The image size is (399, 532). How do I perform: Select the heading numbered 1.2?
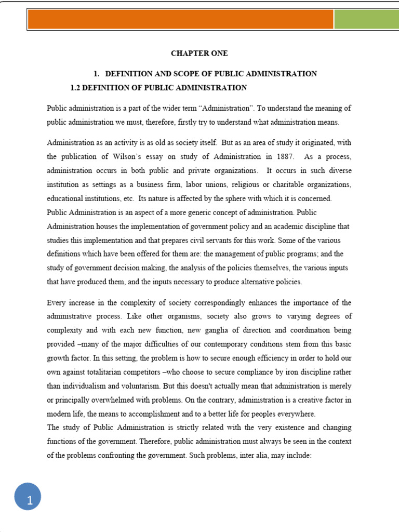pyautogui.click(x=158, y=87)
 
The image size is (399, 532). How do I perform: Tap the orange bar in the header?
pyautogui.click(x=180, y=20)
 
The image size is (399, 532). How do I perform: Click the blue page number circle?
pyautogui.click(x=27, y=500)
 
